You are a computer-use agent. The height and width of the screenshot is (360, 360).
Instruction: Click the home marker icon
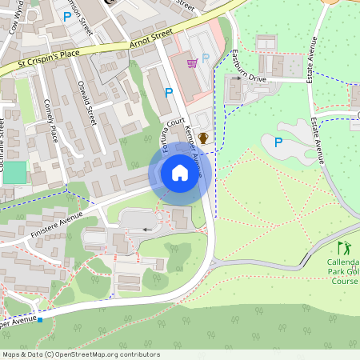pos(180,173)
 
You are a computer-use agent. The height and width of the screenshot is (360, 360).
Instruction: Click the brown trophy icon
pos(203,138)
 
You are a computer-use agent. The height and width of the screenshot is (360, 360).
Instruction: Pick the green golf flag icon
pos(344,248)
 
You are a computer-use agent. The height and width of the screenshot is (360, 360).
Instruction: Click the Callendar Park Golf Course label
pos(343,272)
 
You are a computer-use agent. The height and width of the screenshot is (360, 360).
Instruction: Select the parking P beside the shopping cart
pos(206,58)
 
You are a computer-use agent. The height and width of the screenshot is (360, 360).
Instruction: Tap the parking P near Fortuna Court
pos(168,93)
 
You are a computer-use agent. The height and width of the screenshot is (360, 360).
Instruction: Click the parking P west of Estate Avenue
pos(278,142)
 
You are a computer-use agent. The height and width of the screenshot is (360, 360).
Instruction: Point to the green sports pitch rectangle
pos(14,173)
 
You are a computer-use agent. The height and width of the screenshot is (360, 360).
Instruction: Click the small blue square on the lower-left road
pos(39,318)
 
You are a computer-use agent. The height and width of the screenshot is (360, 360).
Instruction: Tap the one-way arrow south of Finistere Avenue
pos(146,230)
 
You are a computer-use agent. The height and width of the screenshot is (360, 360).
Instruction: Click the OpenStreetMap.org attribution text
pos(80,354)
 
